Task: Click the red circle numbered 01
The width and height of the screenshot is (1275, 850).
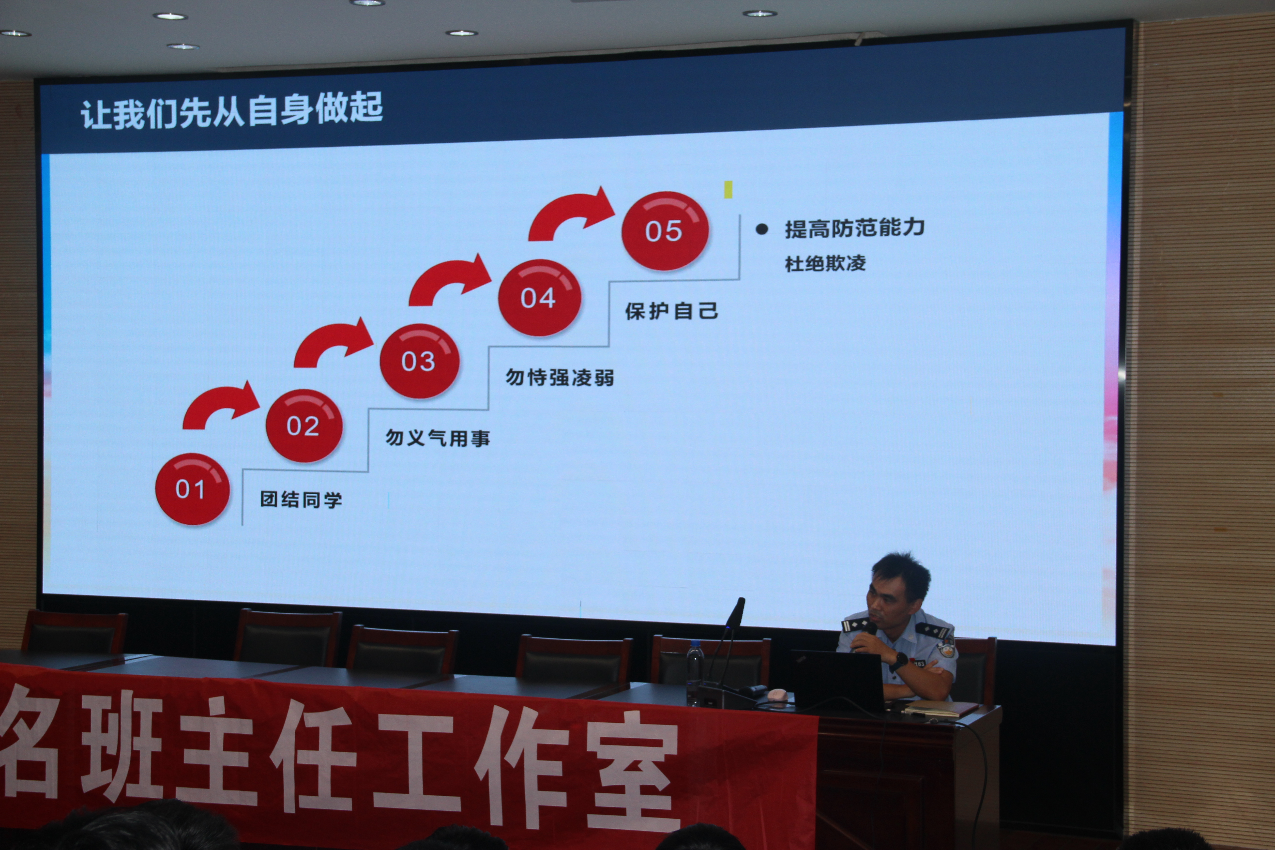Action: (192, 489)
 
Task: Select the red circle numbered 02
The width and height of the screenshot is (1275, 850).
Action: (304, 425)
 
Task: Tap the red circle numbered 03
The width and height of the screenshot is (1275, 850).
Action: (420, 361)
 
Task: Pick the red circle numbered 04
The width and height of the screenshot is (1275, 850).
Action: (539, 298)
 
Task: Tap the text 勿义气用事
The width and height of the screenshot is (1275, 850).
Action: (438, 438)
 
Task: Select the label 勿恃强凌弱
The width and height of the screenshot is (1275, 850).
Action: (560, 377)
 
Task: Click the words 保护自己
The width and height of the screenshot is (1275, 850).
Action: (672, 311)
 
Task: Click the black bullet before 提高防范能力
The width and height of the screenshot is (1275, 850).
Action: (762, 229)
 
